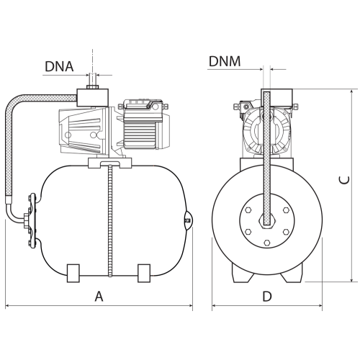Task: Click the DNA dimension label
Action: (59, 66)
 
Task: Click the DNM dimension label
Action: (225, 61)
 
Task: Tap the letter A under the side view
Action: (99, 296)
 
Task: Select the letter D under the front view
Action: (267, 296)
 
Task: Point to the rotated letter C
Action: (345, 180)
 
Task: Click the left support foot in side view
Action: (73, 273)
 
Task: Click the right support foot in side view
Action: (144, 273)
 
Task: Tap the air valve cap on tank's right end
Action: (189, 220)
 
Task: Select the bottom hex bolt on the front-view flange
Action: (267, 243)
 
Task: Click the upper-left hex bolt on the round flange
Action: (248, 210)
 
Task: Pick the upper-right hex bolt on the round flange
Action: (286, 210)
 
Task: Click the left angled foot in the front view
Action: (242, 273)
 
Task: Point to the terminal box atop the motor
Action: (143, 105)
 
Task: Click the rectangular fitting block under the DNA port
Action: (92, 98)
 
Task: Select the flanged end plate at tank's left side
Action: (32, 220)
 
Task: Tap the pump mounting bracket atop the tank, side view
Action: (109, 163)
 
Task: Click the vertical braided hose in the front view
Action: (267, 158)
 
